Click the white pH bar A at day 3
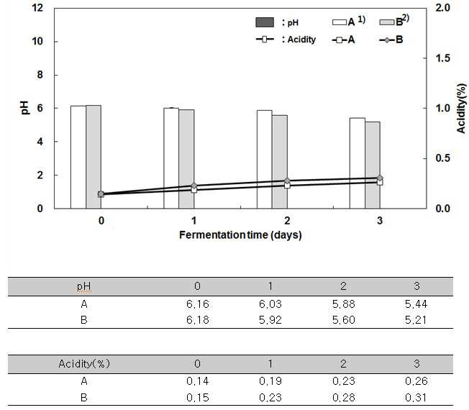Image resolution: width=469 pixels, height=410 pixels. [357, 163]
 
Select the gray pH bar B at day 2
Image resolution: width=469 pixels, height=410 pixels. [280, 162]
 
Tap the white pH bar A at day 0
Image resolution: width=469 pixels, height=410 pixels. [78, 157]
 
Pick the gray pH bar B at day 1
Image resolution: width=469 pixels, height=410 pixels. [186, 159]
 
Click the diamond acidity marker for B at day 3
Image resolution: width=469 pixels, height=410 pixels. [380, 178]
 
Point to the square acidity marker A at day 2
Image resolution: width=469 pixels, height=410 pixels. [287, 186]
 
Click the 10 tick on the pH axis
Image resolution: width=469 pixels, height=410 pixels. [37, 41]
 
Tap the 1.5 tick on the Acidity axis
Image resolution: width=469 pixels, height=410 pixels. [442, 58]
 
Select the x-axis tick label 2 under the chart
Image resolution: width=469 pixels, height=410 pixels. [287, 221]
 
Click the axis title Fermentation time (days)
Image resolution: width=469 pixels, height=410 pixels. [240, 235]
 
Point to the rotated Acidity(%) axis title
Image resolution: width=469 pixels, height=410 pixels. [461, 109]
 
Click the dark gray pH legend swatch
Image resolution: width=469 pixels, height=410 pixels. [265, 22]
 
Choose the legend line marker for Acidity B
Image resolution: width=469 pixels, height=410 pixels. [387, 40]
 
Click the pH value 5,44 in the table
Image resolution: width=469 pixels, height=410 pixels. [416, 304]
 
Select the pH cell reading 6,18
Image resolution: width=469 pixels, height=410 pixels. [197, 320]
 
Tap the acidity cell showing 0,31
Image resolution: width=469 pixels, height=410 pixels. [416, 398]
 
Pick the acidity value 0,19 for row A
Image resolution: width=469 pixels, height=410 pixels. [270, 381]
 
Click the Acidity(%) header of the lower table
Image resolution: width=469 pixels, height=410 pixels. [84, 364]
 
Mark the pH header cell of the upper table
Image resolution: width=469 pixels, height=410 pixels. [83, 286]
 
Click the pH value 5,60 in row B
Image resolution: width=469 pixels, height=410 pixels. [343, 320]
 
